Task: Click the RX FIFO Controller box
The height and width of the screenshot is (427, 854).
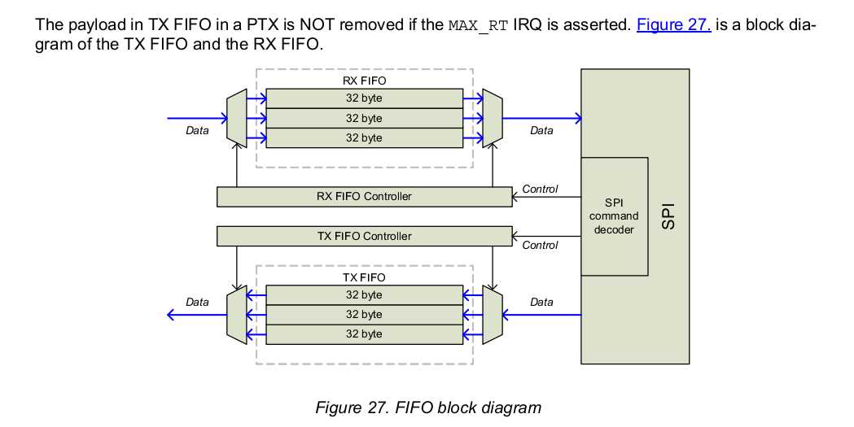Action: [364, 196]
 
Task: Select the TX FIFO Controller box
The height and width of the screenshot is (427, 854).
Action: [364, 236]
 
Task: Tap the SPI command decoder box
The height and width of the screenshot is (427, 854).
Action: [614, 216]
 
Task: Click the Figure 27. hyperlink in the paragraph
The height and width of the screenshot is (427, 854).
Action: [673, 24]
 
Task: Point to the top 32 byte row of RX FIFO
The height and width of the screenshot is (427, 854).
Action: [363, 98]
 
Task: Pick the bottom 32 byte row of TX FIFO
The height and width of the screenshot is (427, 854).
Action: [363, 333]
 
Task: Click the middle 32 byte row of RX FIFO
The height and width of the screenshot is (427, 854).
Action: [363, 118]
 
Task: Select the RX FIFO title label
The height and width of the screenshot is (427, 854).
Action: [363, 81]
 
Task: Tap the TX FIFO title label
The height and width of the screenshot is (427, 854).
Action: [363, 277]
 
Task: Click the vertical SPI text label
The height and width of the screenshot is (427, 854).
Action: [668, 216]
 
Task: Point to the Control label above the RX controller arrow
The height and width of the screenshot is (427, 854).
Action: [540, 189]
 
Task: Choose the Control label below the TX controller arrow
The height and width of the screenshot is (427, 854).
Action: [540, 245]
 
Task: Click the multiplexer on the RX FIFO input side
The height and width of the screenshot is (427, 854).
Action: [235, 118]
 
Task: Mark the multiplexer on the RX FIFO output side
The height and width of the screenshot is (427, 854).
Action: [492, 118]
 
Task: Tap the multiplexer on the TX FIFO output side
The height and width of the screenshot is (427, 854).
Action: [235, 314]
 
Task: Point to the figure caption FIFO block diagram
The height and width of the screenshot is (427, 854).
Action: [427, 407]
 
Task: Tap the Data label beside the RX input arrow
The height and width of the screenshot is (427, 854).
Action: [197, 130]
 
